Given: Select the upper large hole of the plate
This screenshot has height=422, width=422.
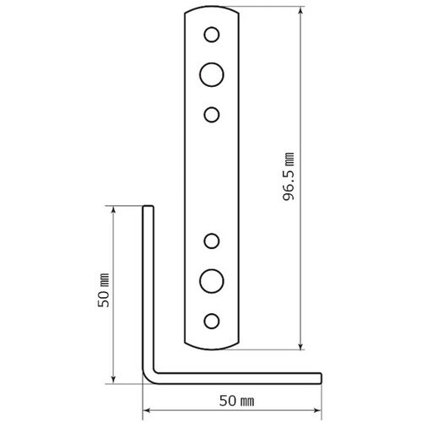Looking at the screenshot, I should (x=212, y=73).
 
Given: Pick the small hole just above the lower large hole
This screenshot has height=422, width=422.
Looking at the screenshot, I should (x=213, y=242).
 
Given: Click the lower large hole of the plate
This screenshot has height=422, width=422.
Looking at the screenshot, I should (x=212, y=279).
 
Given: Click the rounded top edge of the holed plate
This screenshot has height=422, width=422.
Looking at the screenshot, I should (x=212, y=9).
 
